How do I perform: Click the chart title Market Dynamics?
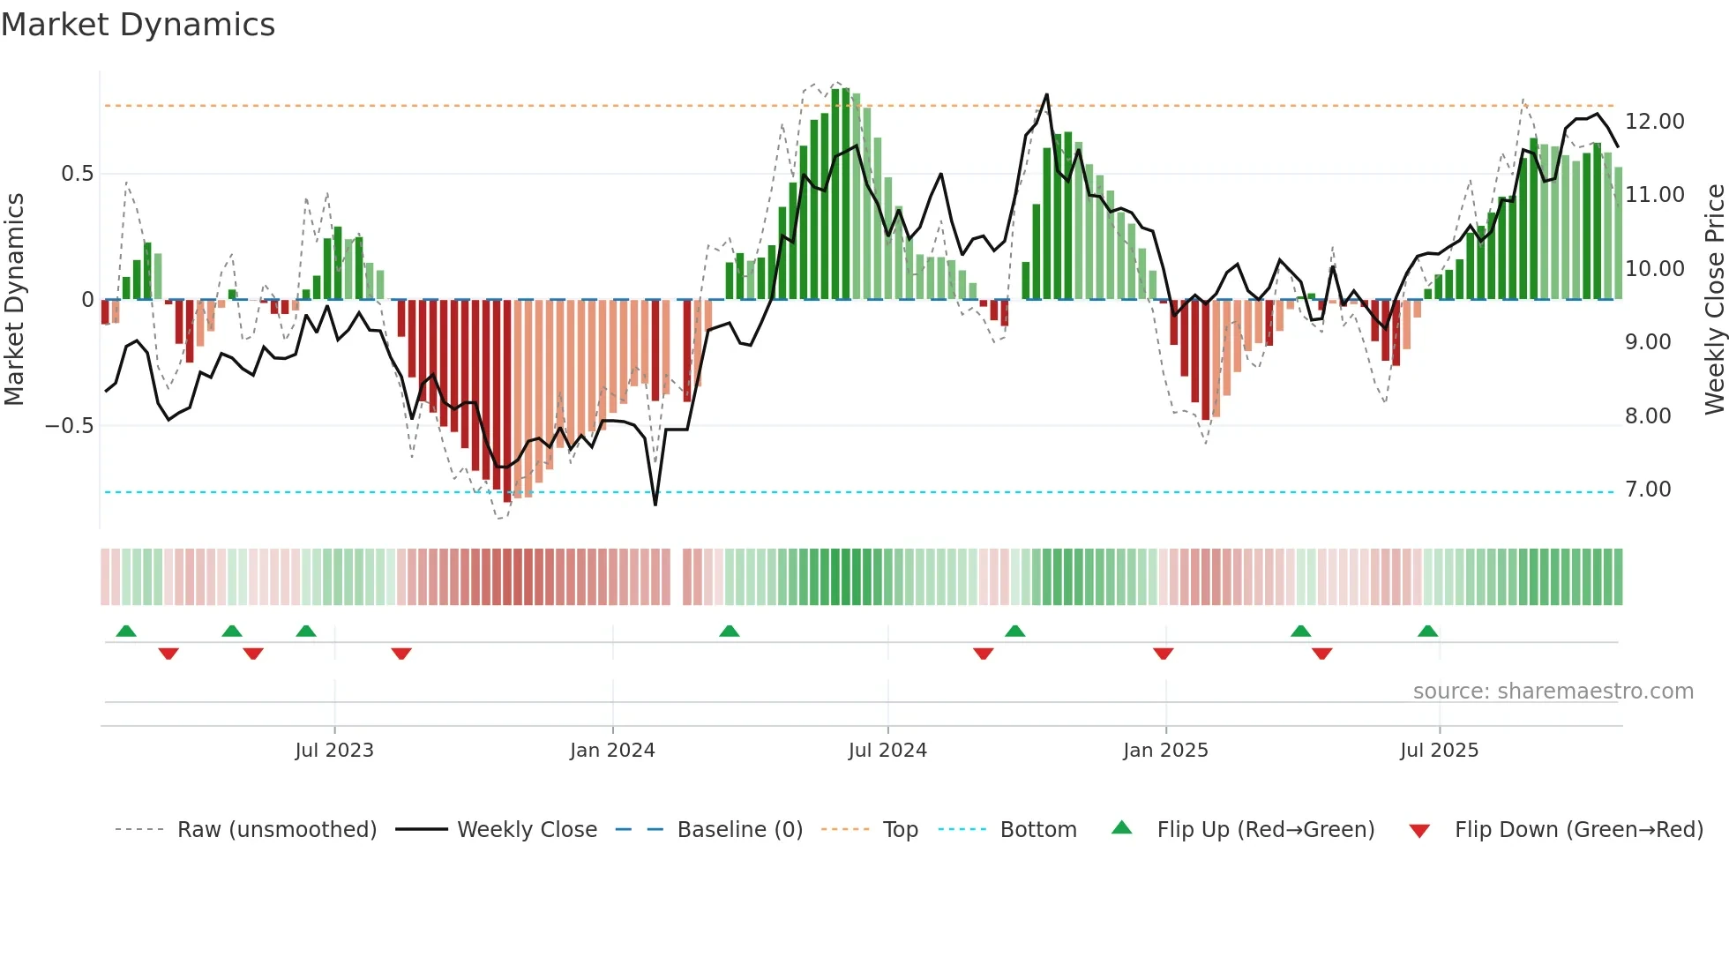(x=138, y=25)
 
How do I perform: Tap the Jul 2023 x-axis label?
(x=334, y=751)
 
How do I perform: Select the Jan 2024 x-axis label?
(x=612, y=751)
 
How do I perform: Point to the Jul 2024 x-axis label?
(x=887, y=751)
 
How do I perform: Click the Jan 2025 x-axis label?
(x=1165, y=751)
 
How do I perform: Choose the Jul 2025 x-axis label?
(x=1439, y=751)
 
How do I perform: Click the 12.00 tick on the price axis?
(x=1654, y=122)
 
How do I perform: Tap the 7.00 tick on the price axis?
(x=1648, y=490)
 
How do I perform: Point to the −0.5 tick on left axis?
(x=69, y=426)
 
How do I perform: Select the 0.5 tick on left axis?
(x=77, y=174)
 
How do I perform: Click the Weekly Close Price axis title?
(x=1714, y=300)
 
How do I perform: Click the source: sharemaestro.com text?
(x=1553, y=692)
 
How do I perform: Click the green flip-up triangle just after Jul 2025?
(x=1427, y=632)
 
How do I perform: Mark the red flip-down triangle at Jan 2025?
(x=1163, y=654)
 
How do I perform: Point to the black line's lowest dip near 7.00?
(x=655, y=504)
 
